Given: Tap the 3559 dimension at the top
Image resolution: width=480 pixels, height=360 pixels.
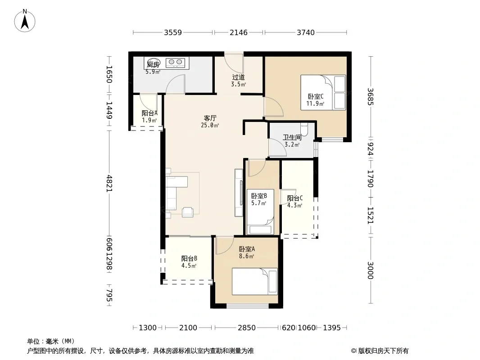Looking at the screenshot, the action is point(172,32).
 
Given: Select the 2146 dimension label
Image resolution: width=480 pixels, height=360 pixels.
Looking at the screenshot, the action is point(239,32).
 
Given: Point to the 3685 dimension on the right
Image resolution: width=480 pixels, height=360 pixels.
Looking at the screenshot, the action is point(371,97).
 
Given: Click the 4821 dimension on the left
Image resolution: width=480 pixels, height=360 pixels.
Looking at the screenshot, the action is point(109,184).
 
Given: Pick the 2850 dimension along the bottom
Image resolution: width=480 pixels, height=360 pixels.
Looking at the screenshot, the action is point(246,328).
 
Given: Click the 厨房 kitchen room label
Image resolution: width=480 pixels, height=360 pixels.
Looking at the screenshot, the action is point(153,64).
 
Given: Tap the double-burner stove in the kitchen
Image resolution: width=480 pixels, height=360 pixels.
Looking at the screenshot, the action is point(176,63).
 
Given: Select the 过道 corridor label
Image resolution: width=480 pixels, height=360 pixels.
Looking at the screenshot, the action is point(238,77).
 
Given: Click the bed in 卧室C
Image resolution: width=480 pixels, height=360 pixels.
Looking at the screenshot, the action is point(323,92).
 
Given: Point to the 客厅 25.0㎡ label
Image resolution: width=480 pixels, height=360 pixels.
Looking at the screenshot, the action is point(210,121).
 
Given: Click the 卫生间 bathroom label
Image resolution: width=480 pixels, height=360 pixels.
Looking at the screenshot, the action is point(292,137).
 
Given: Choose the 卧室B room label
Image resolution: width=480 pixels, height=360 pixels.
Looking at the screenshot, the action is point(258,196).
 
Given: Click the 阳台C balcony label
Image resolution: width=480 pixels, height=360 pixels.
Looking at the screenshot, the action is point(295,198).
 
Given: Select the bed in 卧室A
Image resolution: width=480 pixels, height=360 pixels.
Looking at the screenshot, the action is point(255,281).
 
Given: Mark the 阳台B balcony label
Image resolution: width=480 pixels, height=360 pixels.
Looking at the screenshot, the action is point(189,258).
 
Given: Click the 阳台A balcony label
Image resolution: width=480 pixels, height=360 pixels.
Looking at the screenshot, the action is point(149,113).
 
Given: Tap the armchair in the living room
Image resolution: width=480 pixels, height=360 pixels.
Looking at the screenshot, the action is point(187,212).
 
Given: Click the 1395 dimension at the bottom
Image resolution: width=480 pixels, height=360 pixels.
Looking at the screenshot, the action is point(332,328).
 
